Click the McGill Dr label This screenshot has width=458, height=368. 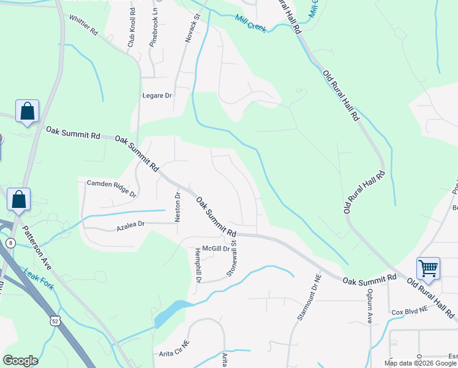(x=216, y=248)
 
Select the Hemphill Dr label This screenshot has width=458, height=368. (x=198, y=266)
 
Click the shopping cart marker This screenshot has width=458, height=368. (x=428, y=268)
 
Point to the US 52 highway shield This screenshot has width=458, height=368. (x=56, y=321)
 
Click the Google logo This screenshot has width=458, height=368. (x=21, y=360)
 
